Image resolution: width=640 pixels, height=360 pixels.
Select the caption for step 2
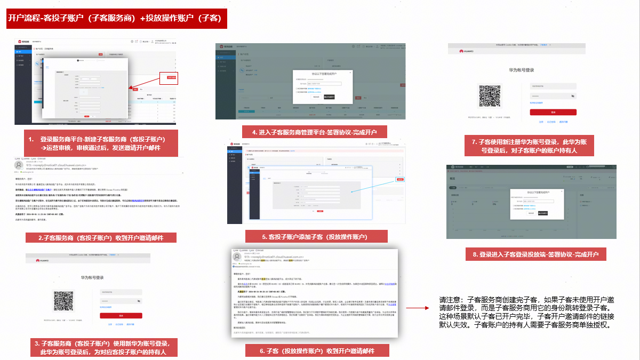[x=101, y=238]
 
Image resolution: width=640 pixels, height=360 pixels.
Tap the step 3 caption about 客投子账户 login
[x=101, y=347]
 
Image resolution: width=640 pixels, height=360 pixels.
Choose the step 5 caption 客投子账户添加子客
[x=316, y=236]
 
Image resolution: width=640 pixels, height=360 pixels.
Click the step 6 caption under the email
[x=317, y=351]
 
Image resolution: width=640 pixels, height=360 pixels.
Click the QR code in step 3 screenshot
[x=64, y=301]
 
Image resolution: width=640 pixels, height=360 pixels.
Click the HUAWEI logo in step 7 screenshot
[x=469, y=51]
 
